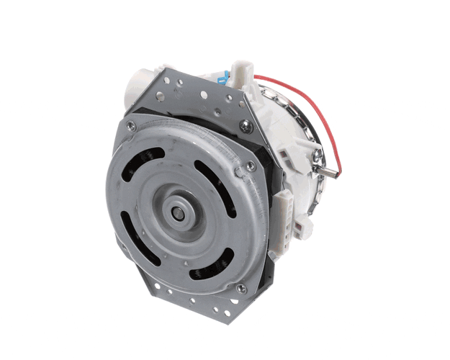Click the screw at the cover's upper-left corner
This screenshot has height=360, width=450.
click(130, 127)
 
